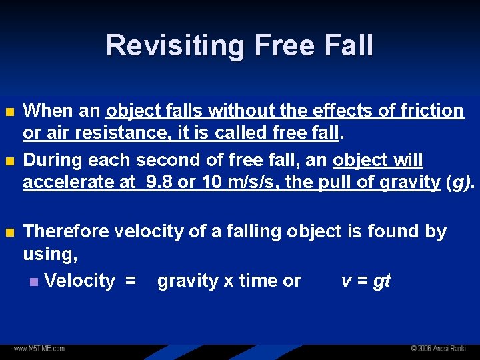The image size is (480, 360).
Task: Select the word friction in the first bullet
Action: pos(428,110)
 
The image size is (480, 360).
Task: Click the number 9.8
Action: pos(158,182)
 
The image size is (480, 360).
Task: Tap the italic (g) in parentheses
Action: pos(460,182)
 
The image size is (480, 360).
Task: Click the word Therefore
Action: pos(66,231)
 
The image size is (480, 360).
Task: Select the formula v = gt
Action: pos(365,281)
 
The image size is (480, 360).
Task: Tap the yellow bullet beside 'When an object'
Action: pos(9,111)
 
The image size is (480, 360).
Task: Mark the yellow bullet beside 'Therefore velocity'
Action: pos(9,232)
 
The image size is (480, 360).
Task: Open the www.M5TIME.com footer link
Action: pos(39,349)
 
